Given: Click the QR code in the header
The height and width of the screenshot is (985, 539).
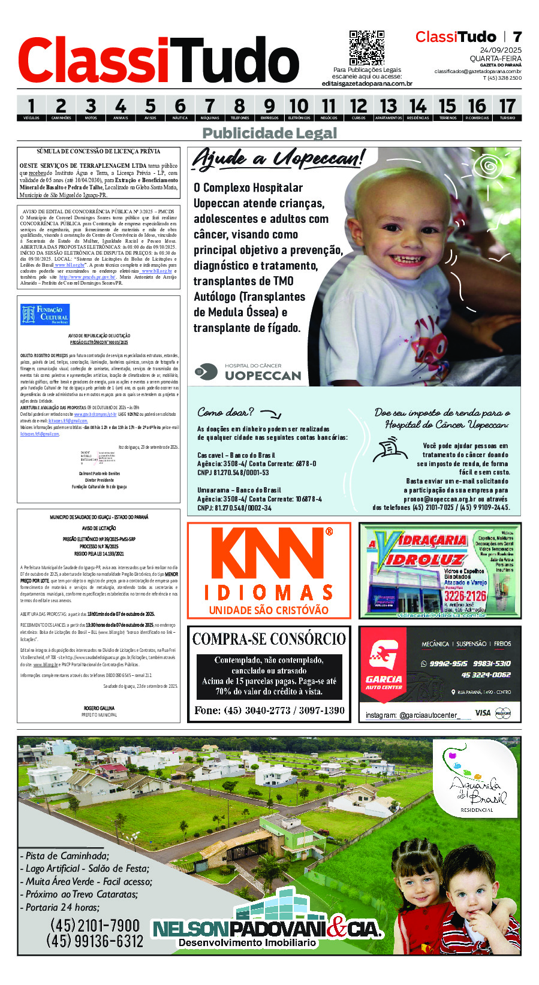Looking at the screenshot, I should (x=366, y=48).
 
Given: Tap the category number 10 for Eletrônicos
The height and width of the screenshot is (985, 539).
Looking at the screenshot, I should (x=299, y=107).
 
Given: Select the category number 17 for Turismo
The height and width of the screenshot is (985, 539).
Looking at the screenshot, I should (x=507, y=107).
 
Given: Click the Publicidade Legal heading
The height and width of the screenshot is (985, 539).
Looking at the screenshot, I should (x=270, y=133).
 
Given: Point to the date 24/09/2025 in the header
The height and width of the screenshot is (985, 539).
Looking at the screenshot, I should (x=501, y=50).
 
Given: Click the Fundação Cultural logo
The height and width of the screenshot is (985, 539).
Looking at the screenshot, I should (x=45, y=314).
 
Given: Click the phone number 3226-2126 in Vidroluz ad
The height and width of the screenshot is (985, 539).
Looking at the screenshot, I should (x=465, y=596).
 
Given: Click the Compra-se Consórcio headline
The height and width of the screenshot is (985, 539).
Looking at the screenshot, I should (x=269, y=639).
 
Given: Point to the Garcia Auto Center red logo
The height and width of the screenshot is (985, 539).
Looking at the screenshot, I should (x=384, y=665).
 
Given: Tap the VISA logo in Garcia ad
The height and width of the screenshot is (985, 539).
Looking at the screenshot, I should (x=483, y=713).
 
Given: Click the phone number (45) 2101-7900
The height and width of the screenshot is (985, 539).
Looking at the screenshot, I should (x=95, y=925).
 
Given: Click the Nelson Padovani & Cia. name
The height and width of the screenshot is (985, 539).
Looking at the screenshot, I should (x=267, y=929).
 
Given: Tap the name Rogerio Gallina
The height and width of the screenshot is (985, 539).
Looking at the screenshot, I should (x=100, y=708).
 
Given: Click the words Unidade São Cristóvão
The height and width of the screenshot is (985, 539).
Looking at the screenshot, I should (x=269, y=610).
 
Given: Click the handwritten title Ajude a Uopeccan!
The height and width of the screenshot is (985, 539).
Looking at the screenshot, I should (x=278, y=159).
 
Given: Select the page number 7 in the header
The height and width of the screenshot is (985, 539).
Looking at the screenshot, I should (x=517, y=37).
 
